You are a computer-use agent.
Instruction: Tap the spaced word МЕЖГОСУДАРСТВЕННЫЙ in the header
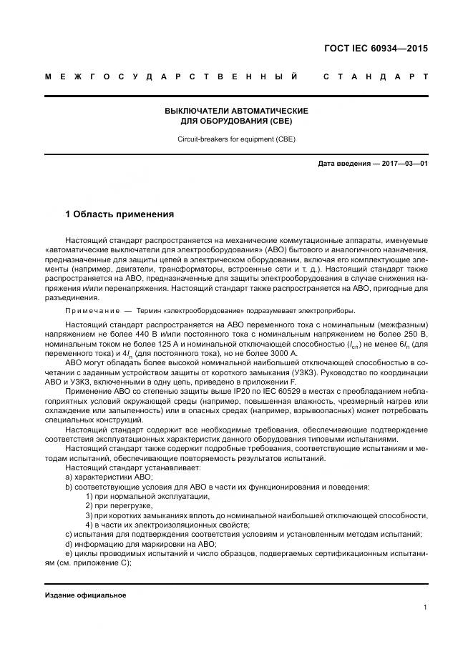click(171, 76)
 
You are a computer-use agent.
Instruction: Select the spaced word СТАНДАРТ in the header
click(376, 76)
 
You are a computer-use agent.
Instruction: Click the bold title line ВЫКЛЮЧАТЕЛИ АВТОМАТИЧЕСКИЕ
click(236, 111)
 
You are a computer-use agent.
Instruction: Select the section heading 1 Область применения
click(120, 214)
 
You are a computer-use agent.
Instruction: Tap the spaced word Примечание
click(91, 310)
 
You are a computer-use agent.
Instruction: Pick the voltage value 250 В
click(416, 334)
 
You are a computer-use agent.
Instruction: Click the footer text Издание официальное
click(85, 595)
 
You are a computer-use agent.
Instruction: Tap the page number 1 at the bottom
click(425, 608)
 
